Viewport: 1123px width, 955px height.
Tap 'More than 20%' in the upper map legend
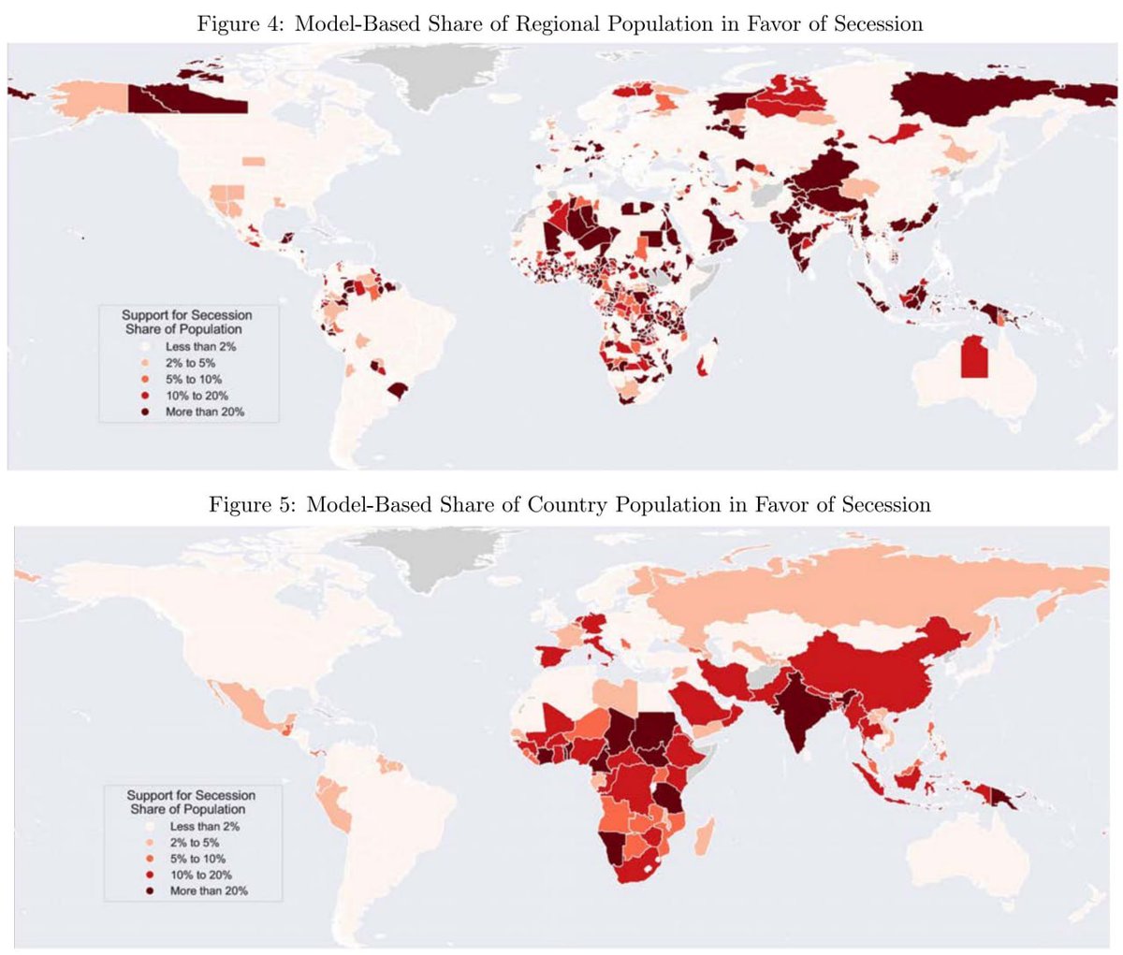[204, 412]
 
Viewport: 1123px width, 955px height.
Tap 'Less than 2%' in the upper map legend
[200, 347]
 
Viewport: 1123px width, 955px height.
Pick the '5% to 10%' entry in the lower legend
[197, 859]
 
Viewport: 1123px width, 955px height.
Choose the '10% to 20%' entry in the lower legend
[201, 875]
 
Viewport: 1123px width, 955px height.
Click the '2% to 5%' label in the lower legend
[195, 843]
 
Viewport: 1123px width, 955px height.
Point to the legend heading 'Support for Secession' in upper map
[186, 315]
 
